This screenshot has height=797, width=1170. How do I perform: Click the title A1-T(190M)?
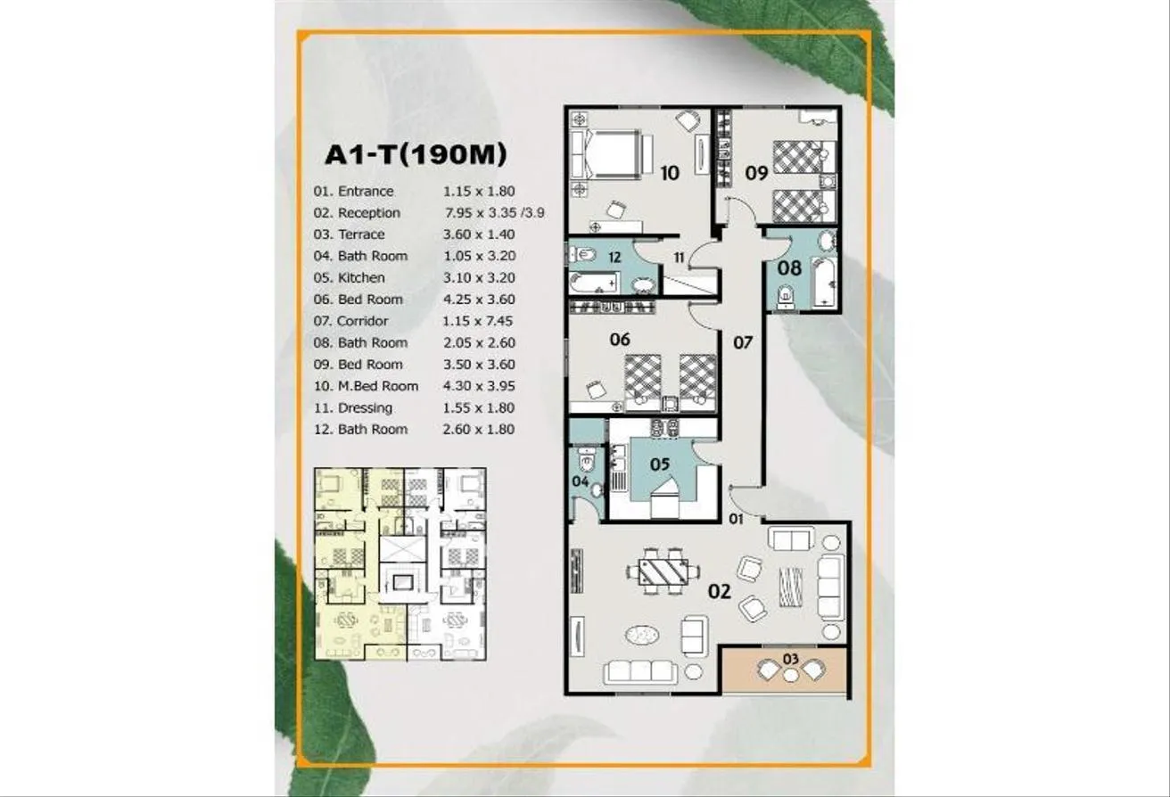pyautogui.click(x=416, y=154)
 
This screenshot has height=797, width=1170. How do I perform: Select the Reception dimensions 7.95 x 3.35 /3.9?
pyautogui.click(x=495, y=213)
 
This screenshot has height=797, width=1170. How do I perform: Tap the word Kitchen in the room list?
pyautogui.click(x=361, y=278)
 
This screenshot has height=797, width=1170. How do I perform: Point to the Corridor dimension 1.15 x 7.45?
pyautogui.click(x=477, y=321)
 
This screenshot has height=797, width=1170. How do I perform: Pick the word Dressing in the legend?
pyautogui.click(x=365, y=408)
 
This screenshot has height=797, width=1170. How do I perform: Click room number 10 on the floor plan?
pyautogui.click(x=670, y=173)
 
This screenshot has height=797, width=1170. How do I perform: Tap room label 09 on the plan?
pyautogui.click(x=756, y=172)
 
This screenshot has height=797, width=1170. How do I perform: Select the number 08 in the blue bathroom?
pyautogui.click(x=789, y=268)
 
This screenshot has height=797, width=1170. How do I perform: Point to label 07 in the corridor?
pyautogui.click(x=743, y=342)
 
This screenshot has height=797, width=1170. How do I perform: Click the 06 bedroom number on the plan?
pyautogui.click(x=620, y=340)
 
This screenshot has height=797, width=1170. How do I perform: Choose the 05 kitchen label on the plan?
pyautogui.click(x=660, y=464)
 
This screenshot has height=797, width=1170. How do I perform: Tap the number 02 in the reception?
pyautogui.click(x=720, y=591)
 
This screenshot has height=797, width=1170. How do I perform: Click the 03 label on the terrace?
pyautogui.click(x=791, y=659)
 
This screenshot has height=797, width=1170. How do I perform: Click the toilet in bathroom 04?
pyautogui.click(x=588, y=458)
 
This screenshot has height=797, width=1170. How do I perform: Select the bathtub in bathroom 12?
pyautogui.click(x=594, y=283)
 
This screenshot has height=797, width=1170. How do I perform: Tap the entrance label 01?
pyautogui.click(x=736, y=519)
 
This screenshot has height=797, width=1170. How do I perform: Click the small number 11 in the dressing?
pyautogui.click(x=679, y=258)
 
